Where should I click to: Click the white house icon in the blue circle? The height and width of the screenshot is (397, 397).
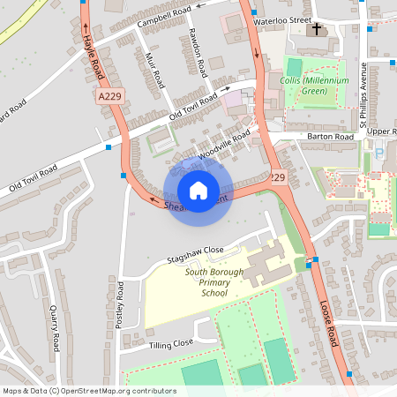pyautogui.click(x=198, y=190)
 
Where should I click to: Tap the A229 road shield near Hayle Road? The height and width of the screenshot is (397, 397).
pyautogui.click(x=109, y=95)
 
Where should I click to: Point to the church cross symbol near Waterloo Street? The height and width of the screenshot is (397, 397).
pyautogui.click(x=316, y=29)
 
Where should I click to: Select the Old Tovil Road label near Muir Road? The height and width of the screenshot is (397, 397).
pyautogui.click(x=193, y=109)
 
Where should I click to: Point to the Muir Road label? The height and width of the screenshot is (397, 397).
pyautogui.click(x=154, y=70)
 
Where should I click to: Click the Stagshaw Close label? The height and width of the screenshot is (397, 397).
pyautogui.click(x=196, y=251)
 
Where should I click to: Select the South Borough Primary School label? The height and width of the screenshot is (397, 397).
pyautogui.click(x=213, y=282)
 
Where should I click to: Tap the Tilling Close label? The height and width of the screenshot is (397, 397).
pyautogui.click(x=170, y=344)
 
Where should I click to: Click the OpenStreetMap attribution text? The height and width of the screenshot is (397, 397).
pyautogui.click(x=89, y=390)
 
